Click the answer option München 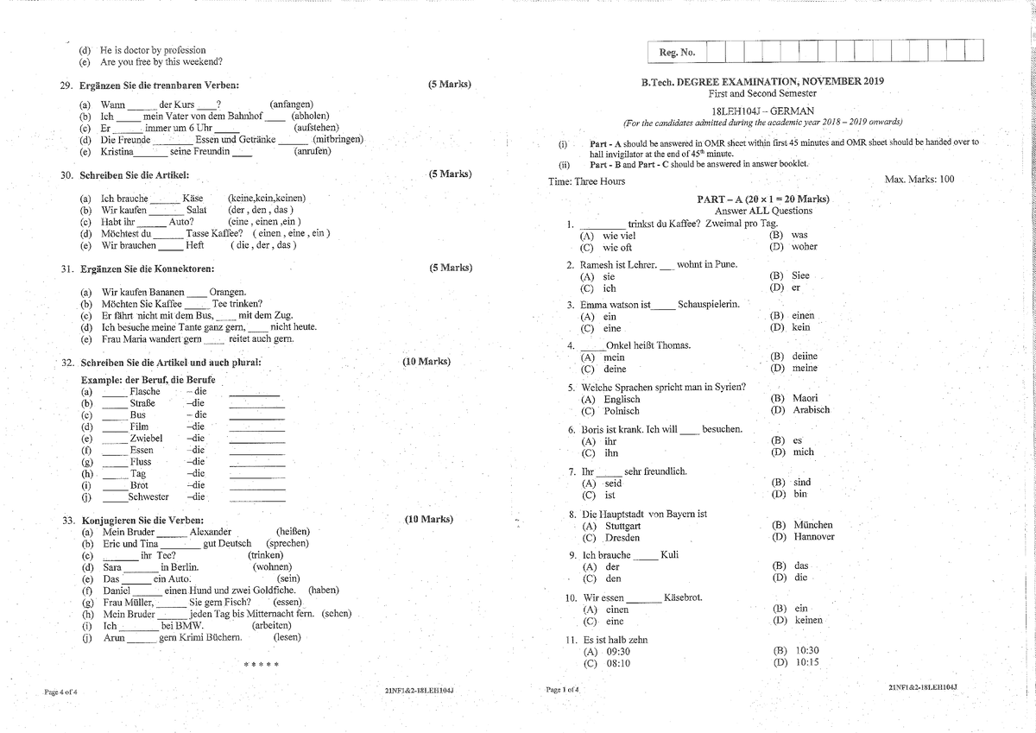812,524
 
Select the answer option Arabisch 811,410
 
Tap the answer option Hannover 813,537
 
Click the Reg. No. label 677,53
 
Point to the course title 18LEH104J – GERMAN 762,111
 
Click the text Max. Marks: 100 919,180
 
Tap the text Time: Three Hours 587,181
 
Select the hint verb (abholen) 309,116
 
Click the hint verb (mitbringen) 338,139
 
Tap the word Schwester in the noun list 148,496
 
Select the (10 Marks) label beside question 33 428,520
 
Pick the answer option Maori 805,398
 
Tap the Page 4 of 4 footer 60,692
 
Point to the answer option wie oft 617,248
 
